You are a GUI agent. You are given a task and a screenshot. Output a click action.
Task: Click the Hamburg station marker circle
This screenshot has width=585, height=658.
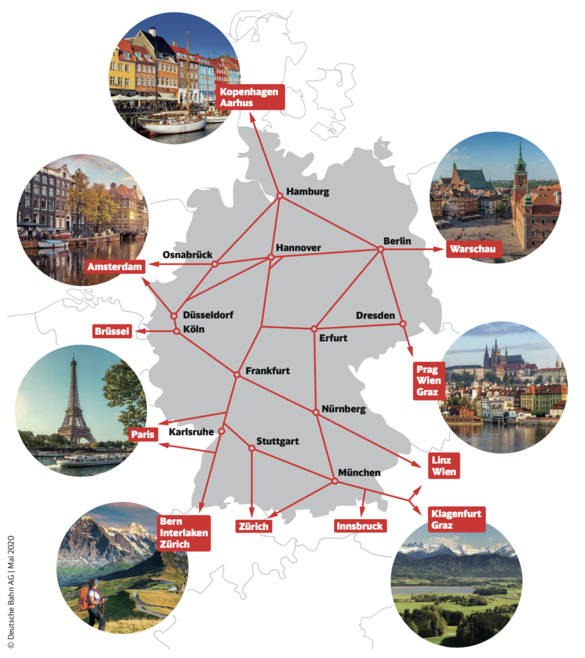point(279,196)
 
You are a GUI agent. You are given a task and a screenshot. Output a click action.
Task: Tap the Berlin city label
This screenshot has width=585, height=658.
point(397,241)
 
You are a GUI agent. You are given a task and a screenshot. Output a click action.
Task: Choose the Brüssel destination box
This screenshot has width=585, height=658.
point(112,332)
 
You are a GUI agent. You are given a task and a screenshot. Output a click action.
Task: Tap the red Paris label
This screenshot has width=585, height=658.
point(143,434)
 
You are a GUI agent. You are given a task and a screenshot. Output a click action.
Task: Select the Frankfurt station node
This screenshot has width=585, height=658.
point(236,374)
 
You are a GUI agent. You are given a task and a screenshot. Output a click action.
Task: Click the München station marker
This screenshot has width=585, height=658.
point(333,481)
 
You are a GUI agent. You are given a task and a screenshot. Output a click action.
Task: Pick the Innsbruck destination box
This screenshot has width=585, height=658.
point(360,526)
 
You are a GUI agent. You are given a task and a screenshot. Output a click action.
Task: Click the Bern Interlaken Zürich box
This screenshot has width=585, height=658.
point(182,532)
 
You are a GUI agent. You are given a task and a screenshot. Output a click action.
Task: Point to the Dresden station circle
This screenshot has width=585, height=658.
point(403,323)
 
